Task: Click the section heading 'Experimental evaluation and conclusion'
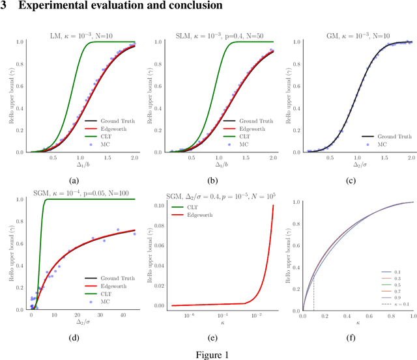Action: point(117,6)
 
